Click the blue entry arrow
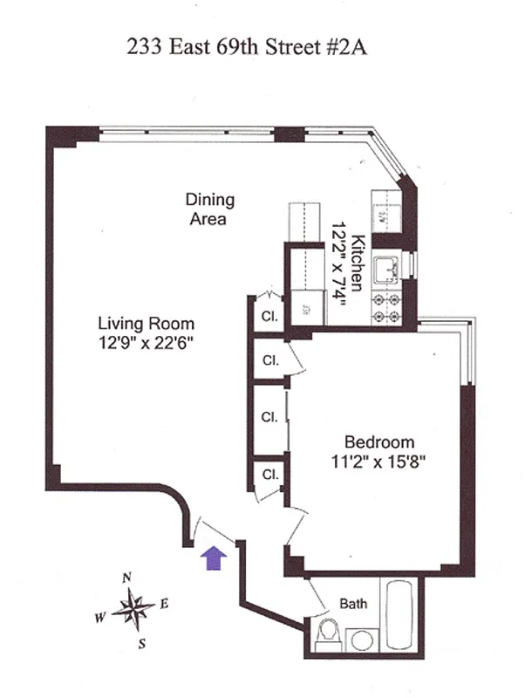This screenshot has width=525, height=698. (x=212, y=558)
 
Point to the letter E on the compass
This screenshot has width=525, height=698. (x=164, y=603)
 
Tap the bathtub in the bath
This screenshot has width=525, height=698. (x=402, y=616)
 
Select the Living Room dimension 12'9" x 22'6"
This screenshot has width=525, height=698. (x=145, y=344)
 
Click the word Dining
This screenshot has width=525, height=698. (x=209, y=200)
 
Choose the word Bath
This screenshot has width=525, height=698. (x=353, y=603)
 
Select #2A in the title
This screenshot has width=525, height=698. (x=344, y=47)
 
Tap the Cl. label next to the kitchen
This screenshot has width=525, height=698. (x=269, y=317)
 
